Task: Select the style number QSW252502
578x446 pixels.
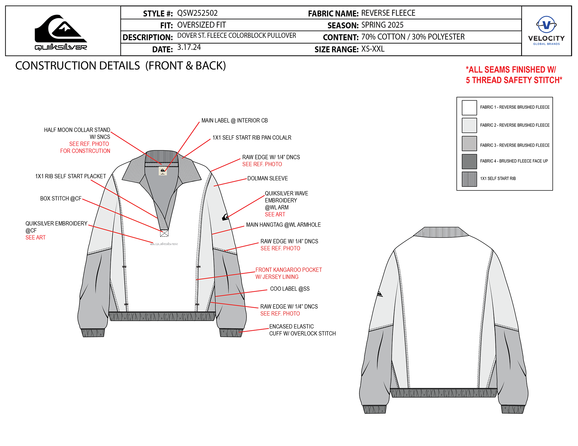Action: click(197, 13)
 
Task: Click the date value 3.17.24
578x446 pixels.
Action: click(189, 47)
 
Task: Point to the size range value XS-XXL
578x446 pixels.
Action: click(373, 49)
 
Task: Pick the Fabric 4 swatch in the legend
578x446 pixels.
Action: click(469, 161)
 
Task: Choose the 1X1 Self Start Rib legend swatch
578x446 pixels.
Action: click(469, 179)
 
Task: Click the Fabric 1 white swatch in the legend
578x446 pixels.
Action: click(469, 108)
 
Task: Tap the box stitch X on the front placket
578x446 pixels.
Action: click(164, 233)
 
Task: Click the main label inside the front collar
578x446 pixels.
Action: click(163, 171)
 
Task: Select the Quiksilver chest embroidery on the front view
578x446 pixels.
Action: click(164, 244)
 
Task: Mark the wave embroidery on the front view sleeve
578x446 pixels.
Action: click(225, 217)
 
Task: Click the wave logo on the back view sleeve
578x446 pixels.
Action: click(380, 294)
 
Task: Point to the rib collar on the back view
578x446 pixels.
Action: click(441, 232)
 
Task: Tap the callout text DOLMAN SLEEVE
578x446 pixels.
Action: click(267, 179)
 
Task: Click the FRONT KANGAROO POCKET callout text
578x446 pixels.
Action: click(288, 270)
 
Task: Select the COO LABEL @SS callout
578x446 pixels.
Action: click(290, 289)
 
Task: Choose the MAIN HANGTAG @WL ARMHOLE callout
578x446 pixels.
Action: click(283, 225)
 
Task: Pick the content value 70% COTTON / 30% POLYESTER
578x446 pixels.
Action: click(413, 37)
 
